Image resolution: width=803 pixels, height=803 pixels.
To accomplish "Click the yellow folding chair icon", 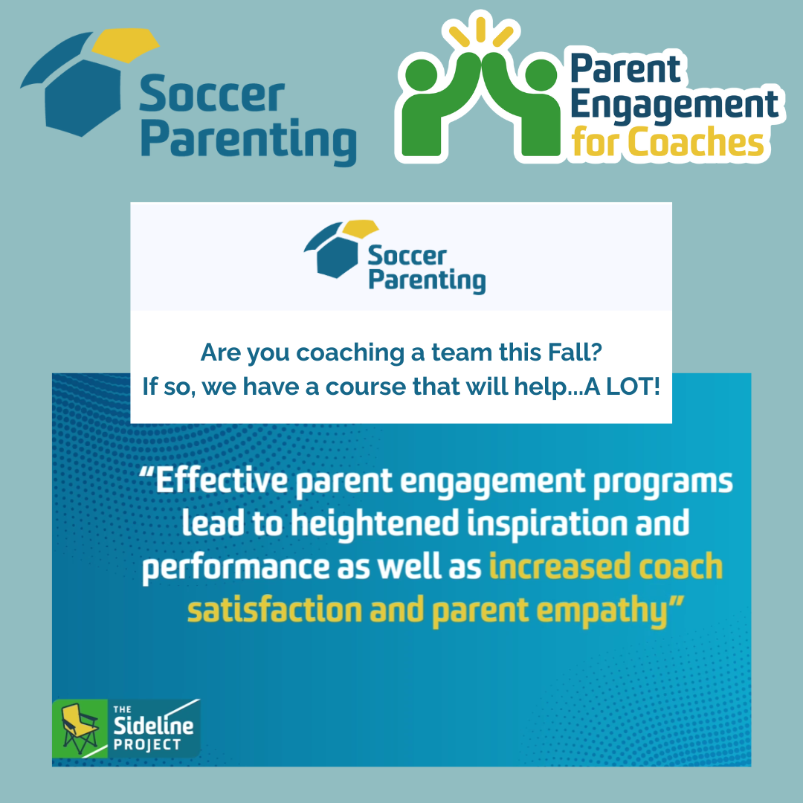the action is point(80,728).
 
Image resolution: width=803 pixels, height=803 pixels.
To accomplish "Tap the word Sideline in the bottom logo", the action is point(153,725).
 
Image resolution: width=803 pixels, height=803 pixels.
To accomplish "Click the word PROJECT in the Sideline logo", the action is point(147,744).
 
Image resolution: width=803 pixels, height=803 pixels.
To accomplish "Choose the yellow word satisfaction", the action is point(274,610).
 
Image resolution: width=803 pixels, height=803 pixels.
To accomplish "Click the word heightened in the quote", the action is point(375,524).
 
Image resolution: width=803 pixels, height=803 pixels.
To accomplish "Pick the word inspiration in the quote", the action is point(547,524).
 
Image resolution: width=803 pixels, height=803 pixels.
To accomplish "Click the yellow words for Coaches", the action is point(667,142).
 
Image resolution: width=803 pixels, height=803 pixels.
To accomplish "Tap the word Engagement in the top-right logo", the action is point(674,106).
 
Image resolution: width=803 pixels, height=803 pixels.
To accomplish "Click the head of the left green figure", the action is point(421,75).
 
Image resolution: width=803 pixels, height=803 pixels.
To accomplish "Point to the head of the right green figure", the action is point(541,75).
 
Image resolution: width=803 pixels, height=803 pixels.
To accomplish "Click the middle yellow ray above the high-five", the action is point(480,29).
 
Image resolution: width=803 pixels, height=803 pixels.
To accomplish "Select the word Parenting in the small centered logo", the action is point(427,280).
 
